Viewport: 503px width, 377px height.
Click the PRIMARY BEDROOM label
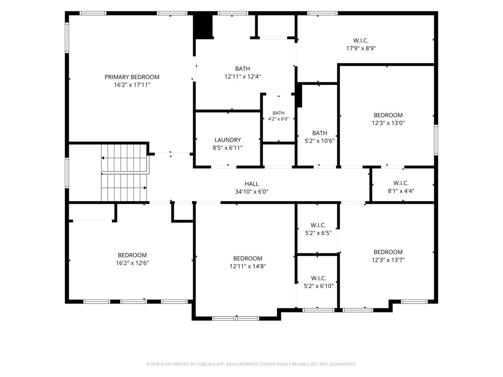click(132, 77)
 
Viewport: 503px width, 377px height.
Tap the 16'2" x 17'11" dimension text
click(132, 85)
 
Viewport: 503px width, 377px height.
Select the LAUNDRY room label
click(228, 140)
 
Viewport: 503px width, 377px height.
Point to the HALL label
click(251, 184)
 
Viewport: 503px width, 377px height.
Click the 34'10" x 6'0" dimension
click(251, 191)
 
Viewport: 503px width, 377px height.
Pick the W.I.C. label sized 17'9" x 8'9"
click(361, 41)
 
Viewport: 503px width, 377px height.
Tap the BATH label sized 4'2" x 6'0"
click(279, 113)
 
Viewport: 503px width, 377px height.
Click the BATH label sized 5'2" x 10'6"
click(320, 133)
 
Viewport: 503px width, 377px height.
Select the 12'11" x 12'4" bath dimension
click(243, 77)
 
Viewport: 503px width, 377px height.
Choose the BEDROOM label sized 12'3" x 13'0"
click(388, 115)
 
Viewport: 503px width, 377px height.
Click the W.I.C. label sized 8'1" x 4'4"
click(401, 183)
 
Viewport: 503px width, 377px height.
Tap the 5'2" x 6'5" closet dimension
click(318, 233)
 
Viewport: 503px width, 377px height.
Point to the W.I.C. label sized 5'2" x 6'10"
click(319, 278)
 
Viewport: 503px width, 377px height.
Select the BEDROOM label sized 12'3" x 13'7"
click(388, 252)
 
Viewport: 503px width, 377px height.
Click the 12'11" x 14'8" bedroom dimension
click(248, 266)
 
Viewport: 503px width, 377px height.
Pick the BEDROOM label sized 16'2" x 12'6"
click(132, 255)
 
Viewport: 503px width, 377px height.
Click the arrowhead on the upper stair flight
click(103, 158)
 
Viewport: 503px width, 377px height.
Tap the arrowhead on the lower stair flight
click(145, 188)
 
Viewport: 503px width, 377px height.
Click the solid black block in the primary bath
click(203, 26)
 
